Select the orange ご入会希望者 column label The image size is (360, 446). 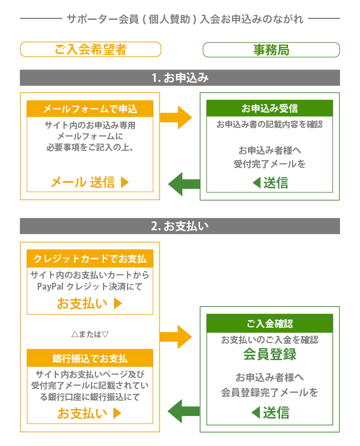click(x=90, y=49)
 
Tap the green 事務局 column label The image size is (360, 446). click(x=271, y=50)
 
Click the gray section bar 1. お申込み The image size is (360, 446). click(x=180, y=78)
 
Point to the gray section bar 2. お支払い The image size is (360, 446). click(x=180, y=226)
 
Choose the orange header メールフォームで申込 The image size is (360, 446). click(x=90, y=109)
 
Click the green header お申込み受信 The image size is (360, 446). click(x=269, y=108)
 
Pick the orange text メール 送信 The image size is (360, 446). click(x=89, y=182)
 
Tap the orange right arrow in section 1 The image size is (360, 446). click(x=176, y=118)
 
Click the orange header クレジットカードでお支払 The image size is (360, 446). click(x=90, y=259)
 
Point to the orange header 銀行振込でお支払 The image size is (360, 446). click(x=90, y=359)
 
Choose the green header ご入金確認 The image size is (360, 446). click(x=269, y=323)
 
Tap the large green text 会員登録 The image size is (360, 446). click(x=269, y=355)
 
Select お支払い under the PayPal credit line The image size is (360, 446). click(x=89, y=303)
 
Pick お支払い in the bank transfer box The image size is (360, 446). click(x=89, y=414)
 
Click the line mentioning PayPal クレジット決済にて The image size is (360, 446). click(x=90, y=287)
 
